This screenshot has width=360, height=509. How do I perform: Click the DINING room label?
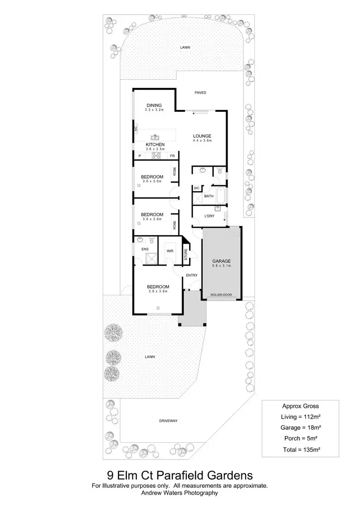tap(154, 106)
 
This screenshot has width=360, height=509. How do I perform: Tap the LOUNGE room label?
tap(202, 136)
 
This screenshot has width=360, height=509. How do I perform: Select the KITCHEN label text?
tap(155, 145)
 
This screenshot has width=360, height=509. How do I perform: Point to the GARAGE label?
tap(222, 260)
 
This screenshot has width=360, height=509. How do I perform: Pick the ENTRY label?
tap(192, 275)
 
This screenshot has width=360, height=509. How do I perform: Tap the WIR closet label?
tap(170, 251)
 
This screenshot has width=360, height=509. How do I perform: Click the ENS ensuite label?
tap(144, 249)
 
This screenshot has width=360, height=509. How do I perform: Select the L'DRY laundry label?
tap(209, 216)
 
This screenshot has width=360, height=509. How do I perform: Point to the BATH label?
tap(209, 196)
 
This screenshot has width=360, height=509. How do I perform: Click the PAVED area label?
tap(201, 93)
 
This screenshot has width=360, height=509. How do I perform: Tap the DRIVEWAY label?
tap(168, 421)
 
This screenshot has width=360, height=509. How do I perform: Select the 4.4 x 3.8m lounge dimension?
tap(202, 141)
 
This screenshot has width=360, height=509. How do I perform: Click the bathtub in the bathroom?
tap(221, 196)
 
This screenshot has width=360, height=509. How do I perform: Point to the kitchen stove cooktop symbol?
tap(156, 155)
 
